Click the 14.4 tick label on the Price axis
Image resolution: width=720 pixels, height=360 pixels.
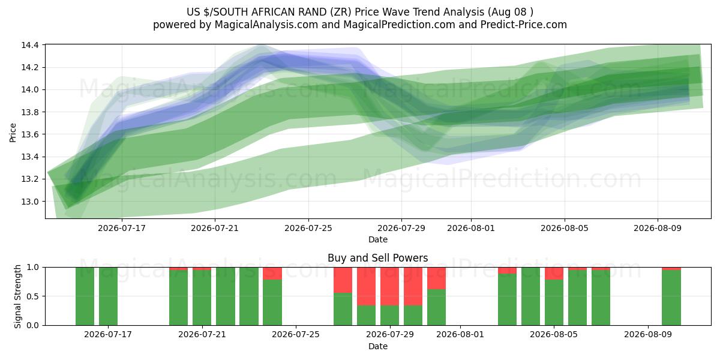[30, 45]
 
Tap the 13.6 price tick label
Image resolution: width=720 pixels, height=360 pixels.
[30, 134]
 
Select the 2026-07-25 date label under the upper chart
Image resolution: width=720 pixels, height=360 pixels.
[308, 228]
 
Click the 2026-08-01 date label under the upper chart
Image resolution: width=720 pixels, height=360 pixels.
[471, 228]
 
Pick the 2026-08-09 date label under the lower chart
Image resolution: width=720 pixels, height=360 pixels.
[648, 335]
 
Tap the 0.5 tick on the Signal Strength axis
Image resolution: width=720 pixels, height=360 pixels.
[32, 296]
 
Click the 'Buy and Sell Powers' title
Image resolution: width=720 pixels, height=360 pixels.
[377, 258]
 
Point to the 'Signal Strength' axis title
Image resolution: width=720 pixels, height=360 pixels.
[17, 296]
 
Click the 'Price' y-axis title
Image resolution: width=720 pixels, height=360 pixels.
[13, 133]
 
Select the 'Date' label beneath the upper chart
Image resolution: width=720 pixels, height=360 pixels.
[378, 239]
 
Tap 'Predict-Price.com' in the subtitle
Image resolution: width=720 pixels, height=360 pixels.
[524, 25]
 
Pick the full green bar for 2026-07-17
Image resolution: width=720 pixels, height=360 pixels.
[109, 296]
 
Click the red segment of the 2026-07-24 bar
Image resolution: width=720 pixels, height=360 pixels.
[272, 274]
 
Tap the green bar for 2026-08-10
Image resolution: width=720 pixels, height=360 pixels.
[671, 298]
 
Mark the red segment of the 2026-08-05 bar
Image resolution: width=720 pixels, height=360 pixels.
[554, 274]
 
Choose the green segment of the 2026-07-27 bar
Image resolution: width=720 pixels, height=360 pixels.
[343, 309]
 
